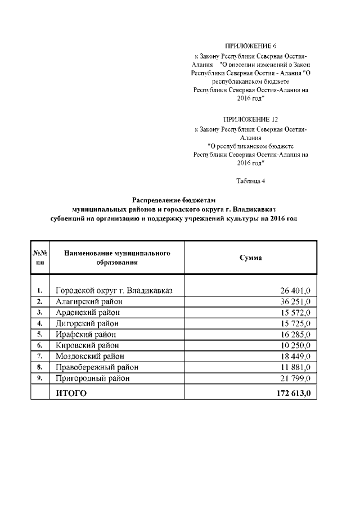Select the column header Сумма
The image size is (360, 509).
250,257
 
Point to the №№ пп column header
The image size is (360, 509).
40,258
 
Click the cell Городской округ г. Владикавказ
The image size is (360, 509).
114,291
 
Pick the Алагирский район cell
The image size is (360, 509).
89,301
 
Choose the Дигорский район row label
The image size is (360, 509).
87,323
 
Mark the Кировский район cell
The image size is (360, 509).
87,345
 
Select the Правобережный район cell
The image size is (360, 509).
97,367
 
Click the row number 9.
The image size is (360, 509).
40,378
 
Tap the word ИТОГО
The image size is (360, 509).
71,393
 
